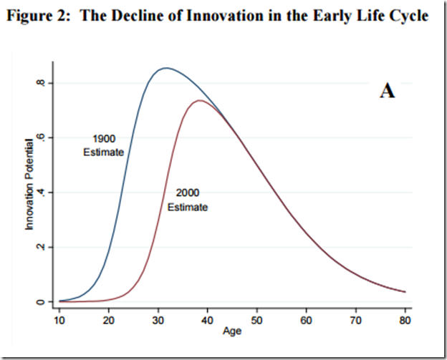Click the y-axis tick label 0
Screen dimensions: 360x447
coord(44,302)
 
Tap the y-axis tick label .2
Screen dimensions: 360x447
coord(43,247)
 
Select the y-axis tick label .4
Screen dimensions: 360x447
coord(43,193)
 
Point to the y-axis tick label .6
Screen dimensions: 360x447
coord(43,137)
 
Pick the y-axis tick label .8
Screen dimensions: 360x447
coord(43,83)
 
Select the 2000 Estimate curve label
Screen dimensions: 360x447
coord(188,200)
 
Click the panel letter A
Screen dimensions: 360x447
coord(387,92)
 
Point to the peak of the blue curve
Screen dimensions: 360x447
coord(166,68)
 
